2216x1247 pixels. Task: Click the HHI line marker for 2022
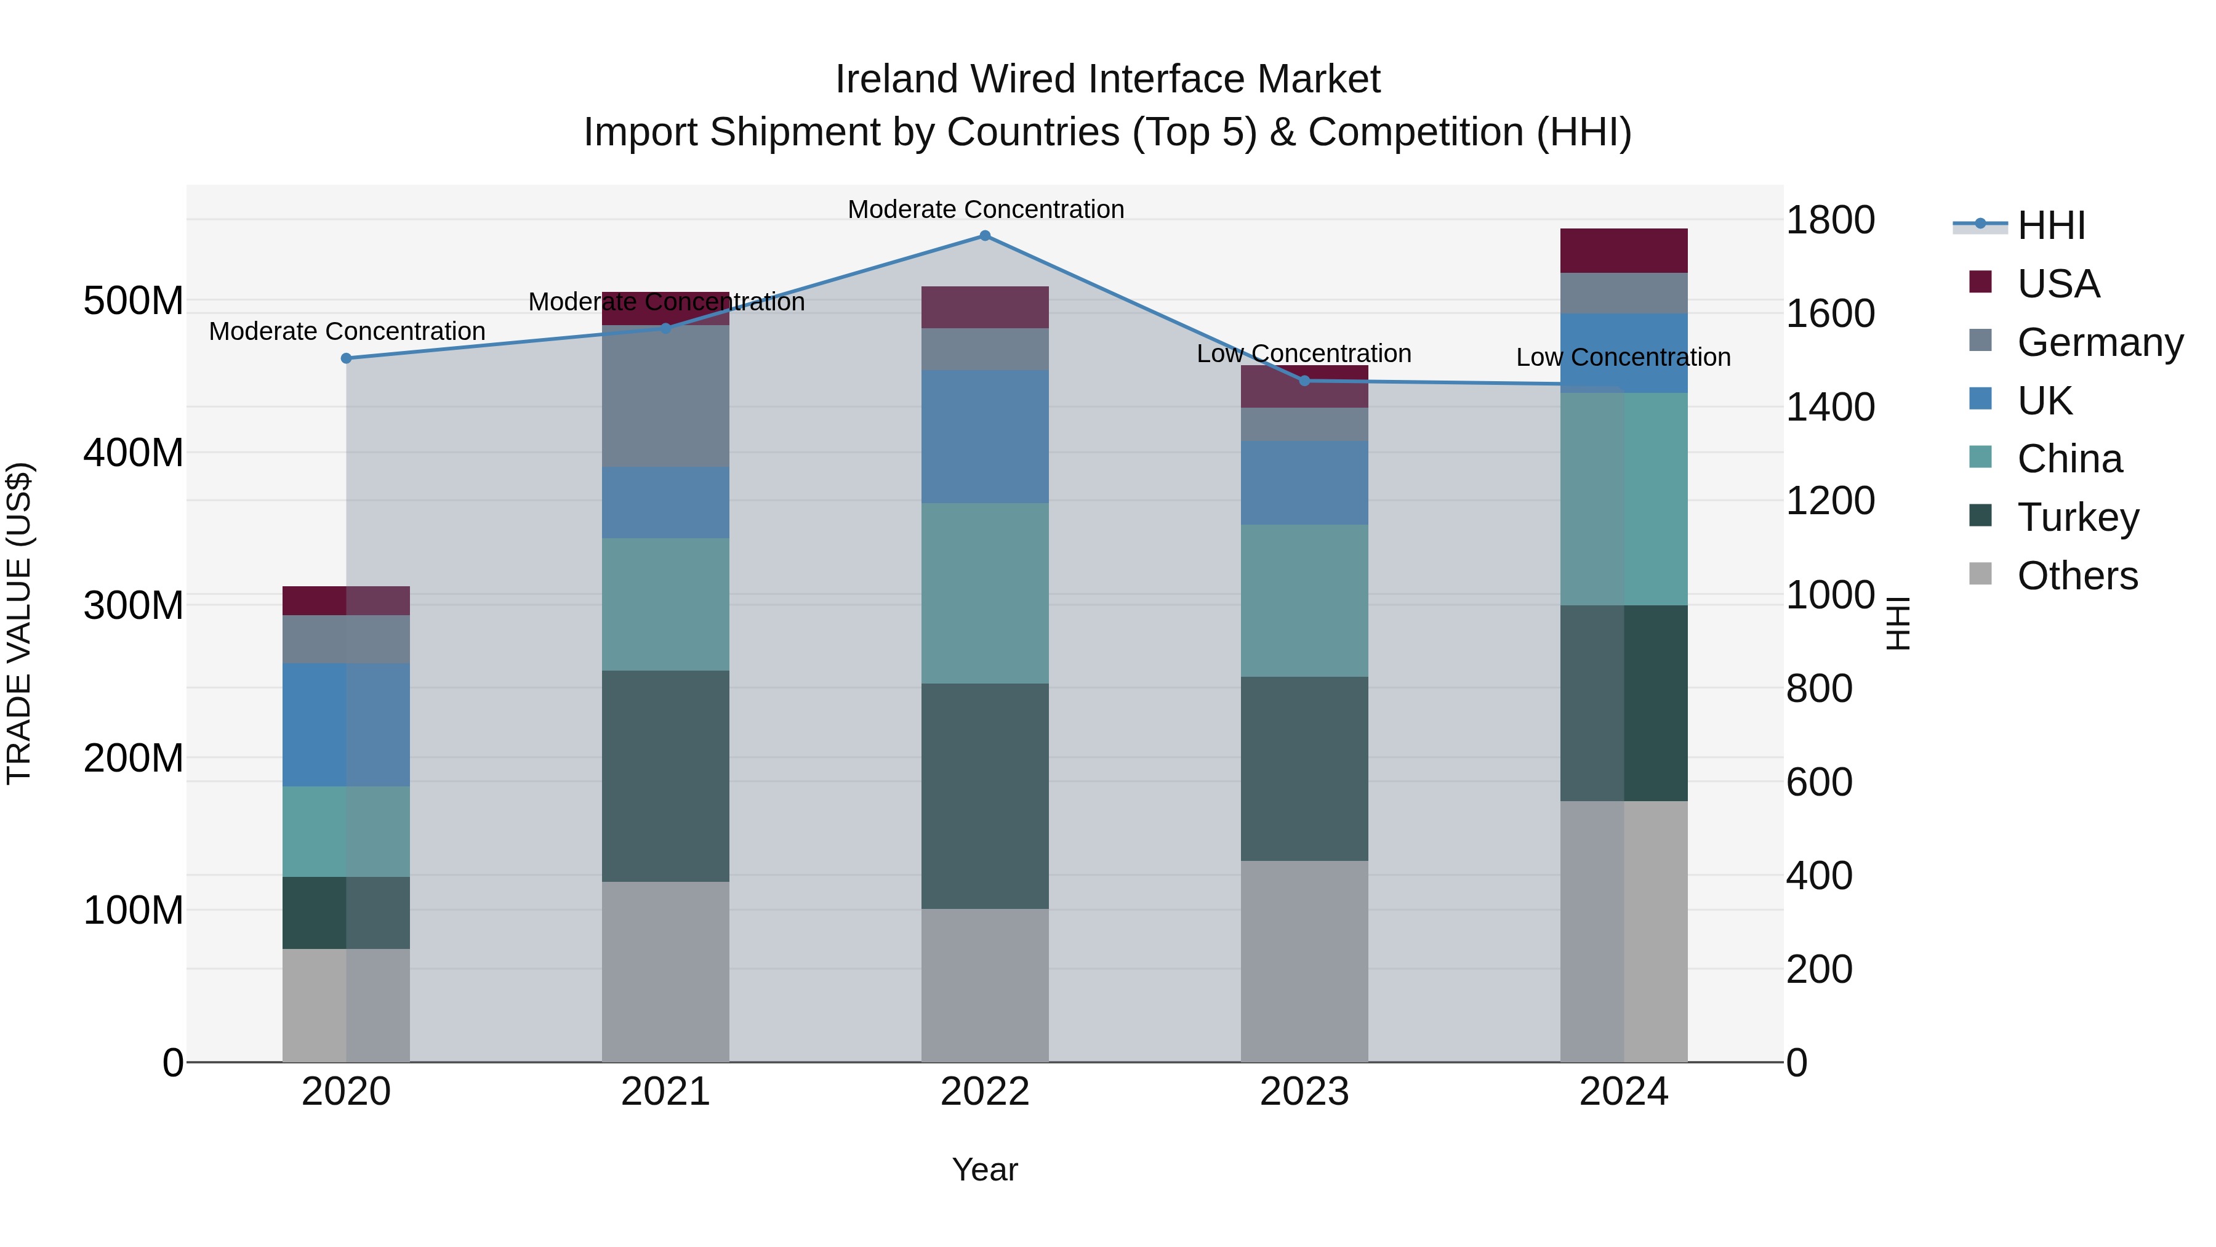click(985, 236)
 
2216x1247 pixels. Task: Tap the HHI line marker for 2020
click(347, 358)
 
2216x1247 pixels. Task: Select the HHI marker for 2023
click(1304, 381)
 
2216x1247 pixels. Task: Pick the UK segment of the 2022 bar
click(985, 437)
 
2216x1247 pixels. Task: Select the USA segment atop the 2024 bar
click(1623, 251)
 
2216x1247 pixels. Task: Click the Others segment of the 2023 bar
click(1304, 961)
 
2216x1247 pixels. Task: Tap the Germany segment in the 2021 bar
click(665, 396)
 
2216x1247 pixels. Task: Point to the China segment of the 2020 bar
click(347, 831)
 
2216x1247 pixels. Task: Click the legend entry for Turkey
click(2077, 517)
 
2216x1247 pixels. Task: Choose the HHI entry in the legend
click(2051, 225)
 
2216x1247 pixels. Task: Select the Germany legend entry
click(2099, 342)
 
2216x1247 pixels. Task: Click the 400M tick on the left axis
click(134, 453)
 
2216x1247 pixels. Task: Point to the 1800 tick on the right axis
click(1831, 220)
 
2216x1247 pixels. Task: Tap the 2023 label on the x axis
click(1304, 1092)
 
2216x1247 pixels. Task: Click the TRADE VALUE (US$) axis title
click(19, 623)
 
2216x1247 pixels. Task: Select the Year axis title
click(985, 1169)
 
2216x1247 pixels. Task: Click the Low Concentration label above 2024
click(1623, 357)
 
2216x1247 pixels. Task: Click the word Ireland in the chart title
click(896, 79)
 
